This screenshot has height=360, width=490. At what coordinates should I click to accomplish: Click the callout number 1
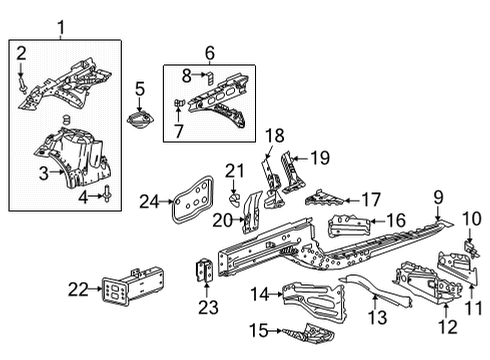coord(62,25)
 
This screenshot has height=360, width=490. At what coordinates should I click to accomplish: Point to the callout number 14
coord(260,293)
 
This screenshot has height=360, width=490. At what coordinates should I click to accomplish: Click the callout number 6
coord(209,53)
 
